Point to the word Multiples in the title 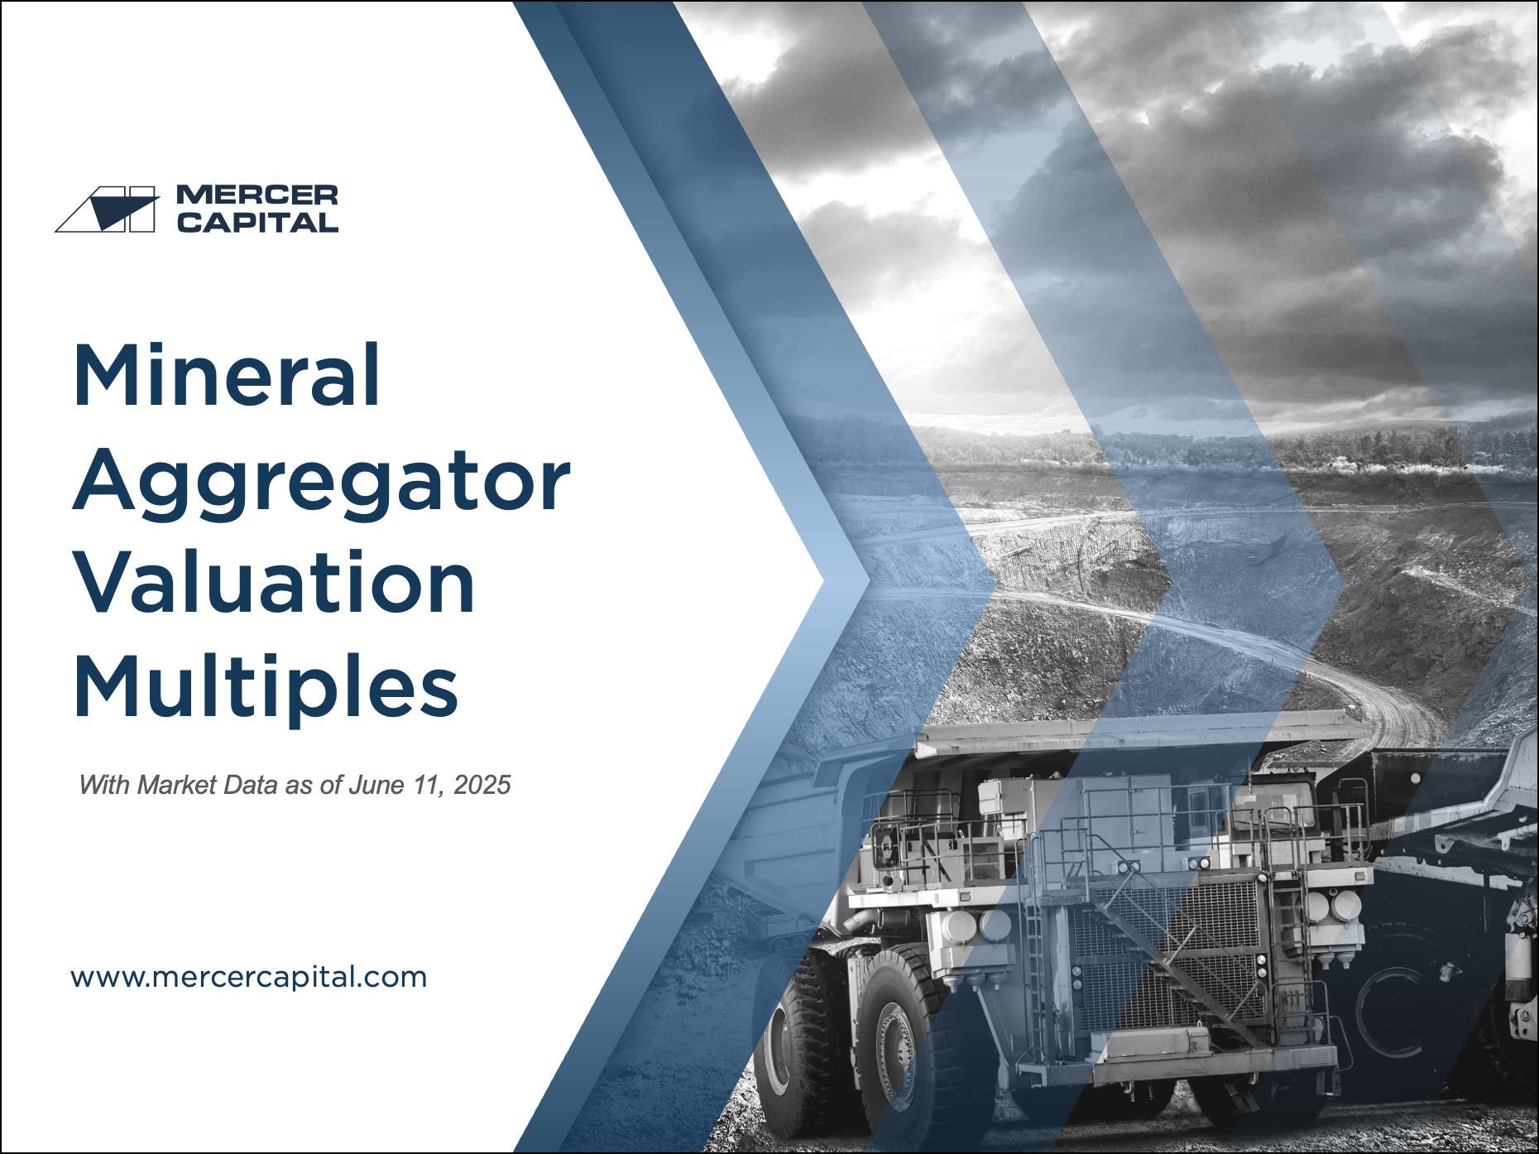(x=266, y=688)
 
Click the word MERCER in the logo (x=257, y=195)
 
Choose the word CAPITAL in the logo (x=257, y=222)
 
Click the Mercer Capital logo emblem (x=106, y=209)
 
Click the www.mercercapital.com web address (x=249, y=977)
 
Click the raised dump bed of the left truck (x=794, y=828)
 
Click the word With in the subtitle (x=105, y=785)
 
